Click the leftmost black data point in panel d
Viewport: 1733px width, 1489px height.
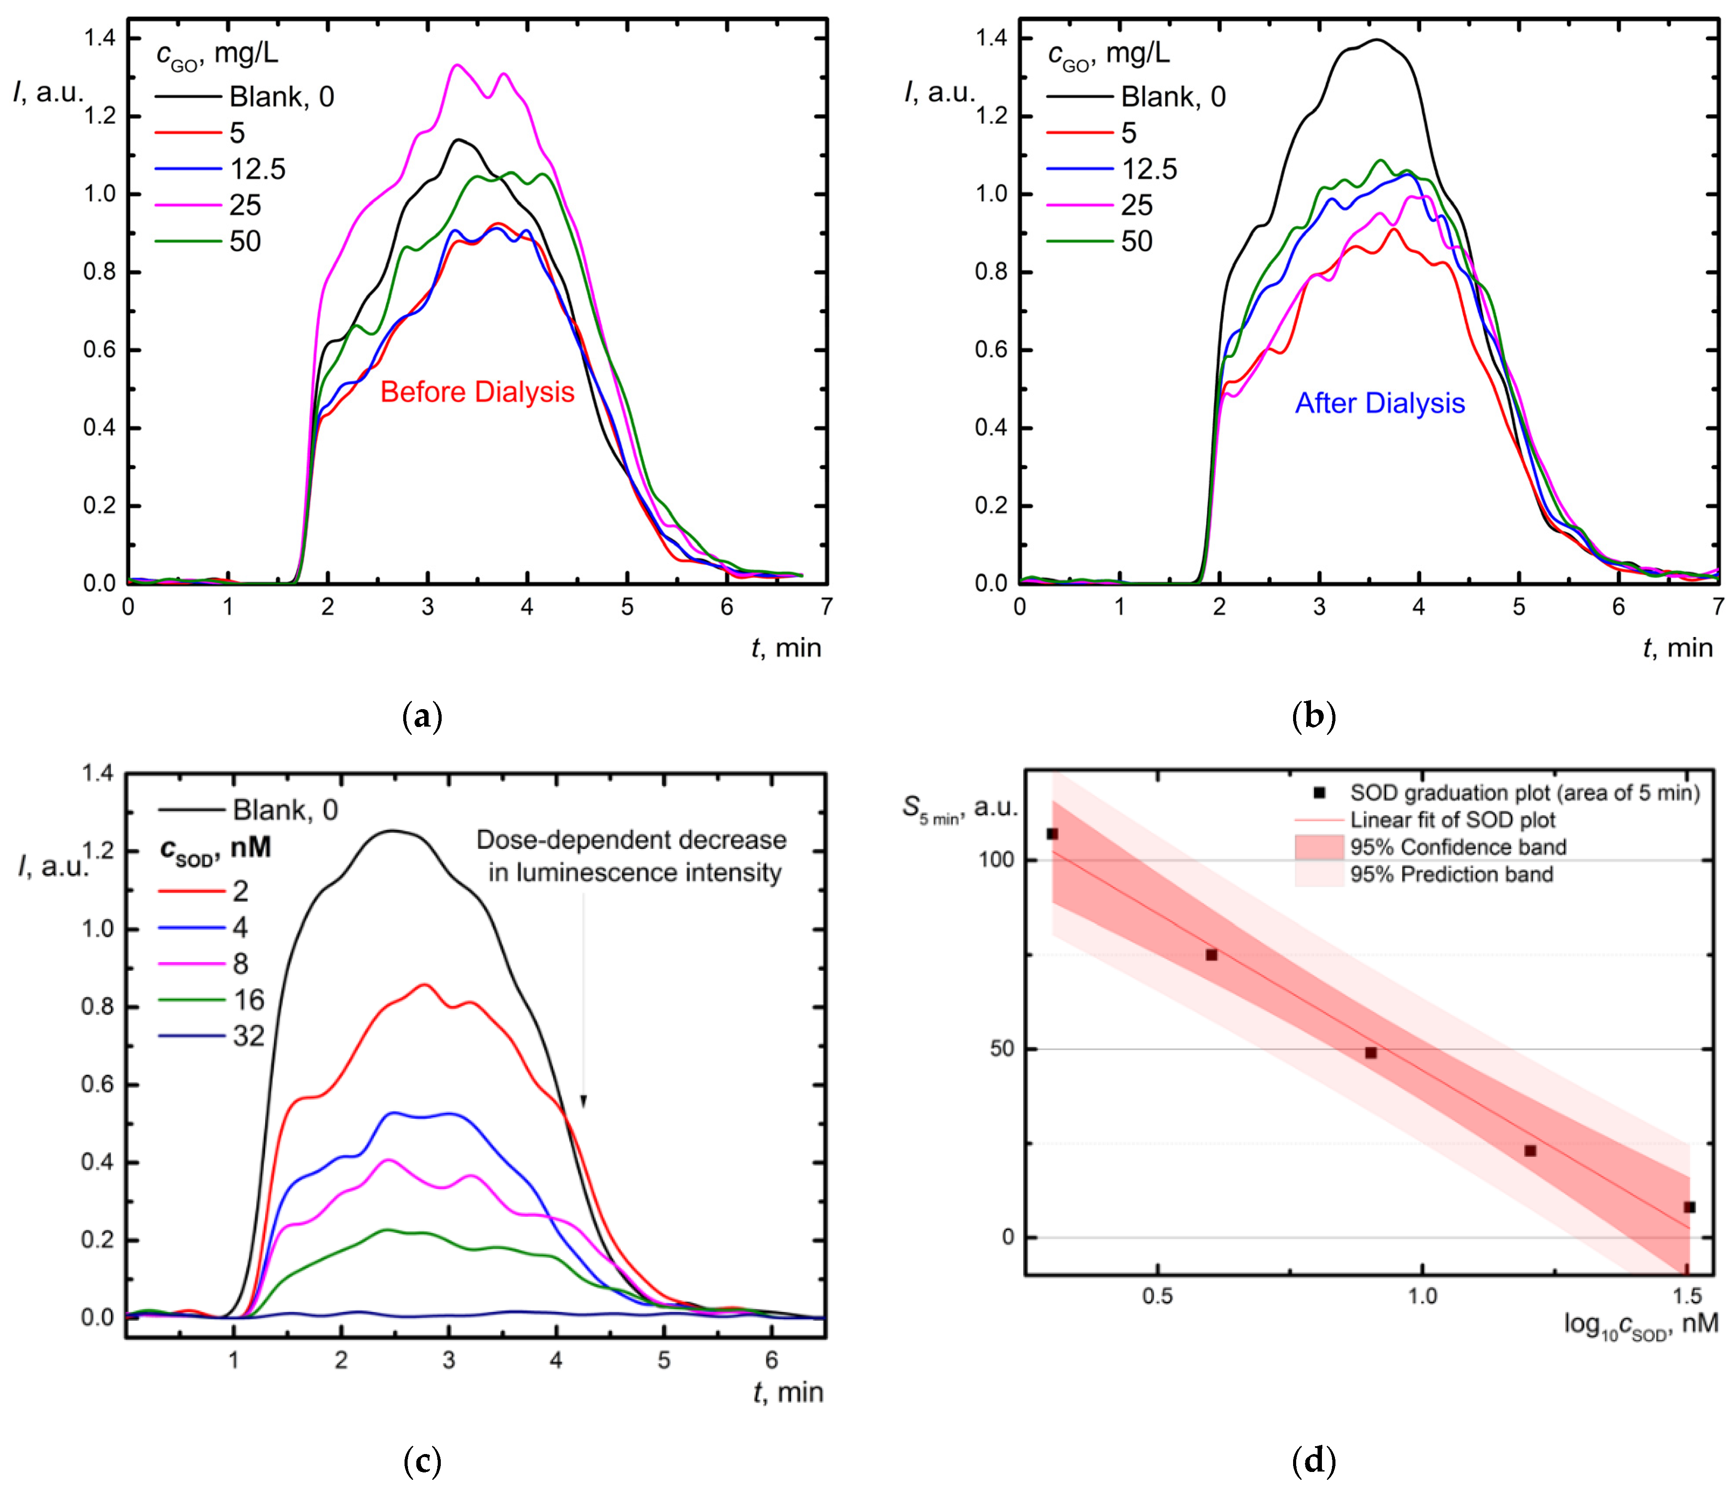pyautogui.click(x=1052, y=834)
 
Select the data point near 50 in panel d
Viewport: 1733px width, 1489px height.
pyautogui.click(x=1371, y=1053)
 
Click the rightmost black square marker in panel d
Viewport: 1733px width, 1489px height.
pyautogui.click(x=1689, y=1207)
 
